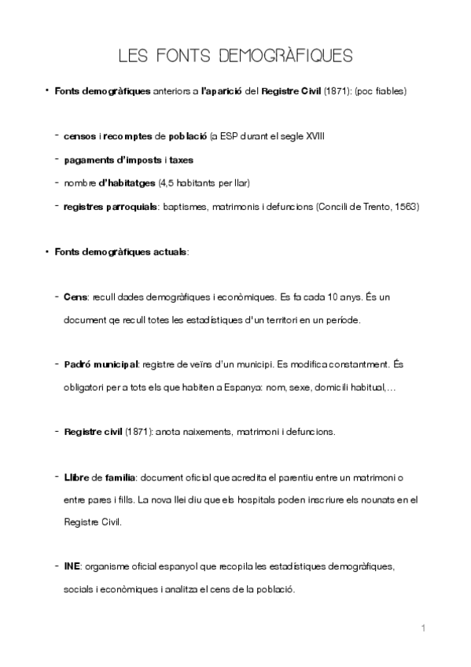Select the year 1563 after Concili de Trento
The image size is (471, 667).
(408, 207)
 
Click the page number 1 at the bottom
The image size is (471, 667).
(423, 628)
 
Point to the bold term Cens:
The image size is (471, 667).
(75, 298)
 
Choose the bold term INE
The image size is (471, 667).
(72, 566)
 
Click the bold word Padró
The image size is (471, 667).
(79, 365)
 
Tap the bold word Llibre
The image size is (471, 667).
(77, 477)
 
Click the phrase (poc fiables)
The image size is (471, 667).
(380, 92)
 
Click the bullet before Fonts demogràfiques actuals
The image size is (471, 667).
(48, 252)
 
